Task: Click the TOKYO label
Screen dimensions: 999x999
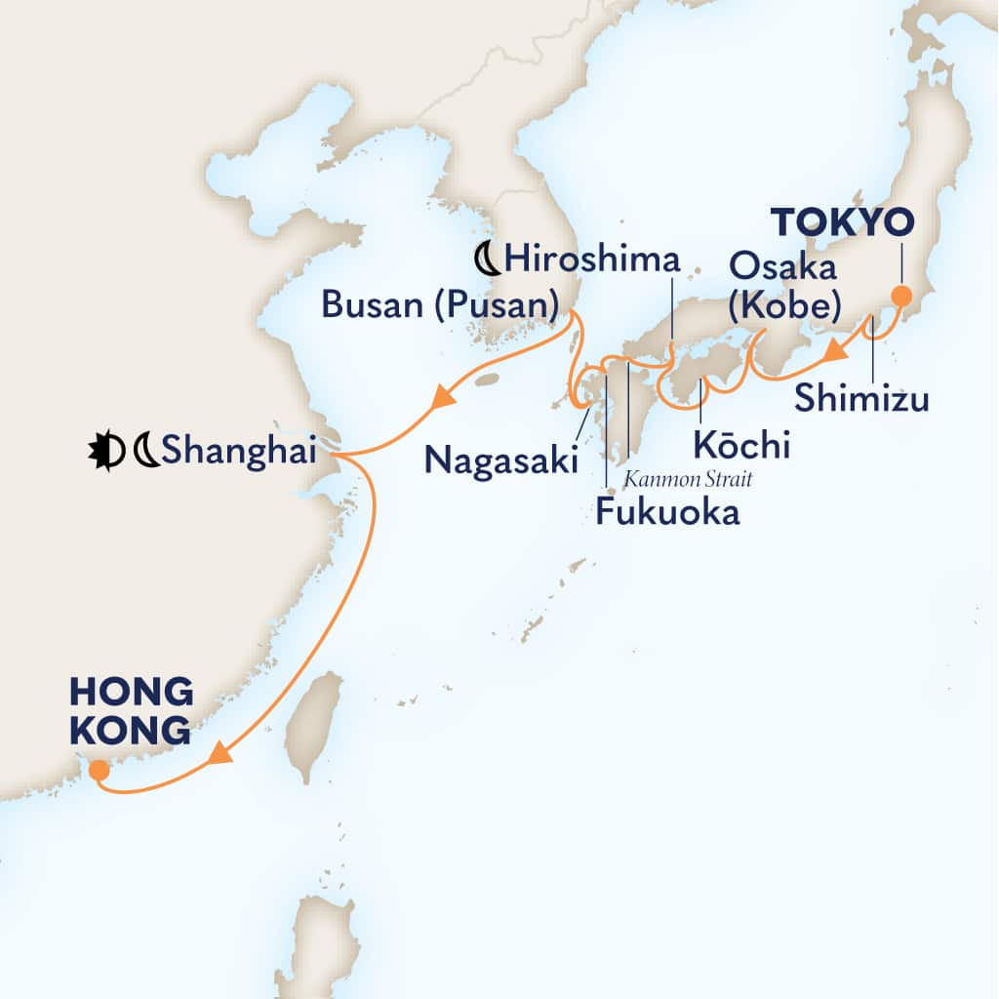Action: pyautogui.click(x=844, y=223)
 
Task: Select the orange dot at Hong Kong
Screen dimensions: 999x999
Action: pyautogui.click(x=99, y=771)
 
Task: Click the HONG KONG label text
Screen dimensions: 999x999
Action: pyautogui.click(x=131, y=711)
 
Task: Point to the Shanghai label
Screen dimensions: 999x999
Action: pyautogui.click(x=240, y=452)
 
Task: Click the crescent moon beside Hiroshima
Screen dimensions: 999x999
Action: pyautogui.click(x=486, y=260)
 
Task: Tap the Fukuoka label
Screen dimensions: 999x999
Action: pyautogui.click(x=667, y=512)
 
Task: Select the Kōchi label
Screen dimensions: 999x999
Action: pyautogui.click(x=740, y=445)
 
